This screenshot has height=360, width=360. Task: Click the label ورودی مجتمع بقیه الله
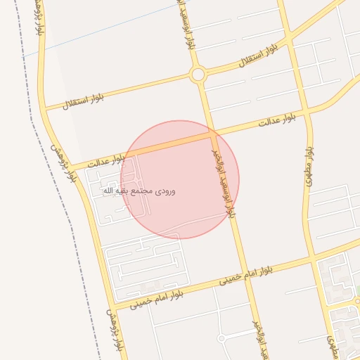tap(139, 191)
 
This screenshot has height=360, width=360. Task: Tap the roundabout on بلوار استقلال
tap(198, 74)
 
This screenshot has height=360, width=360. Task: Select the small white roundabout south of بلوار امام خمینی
tap(221, 338)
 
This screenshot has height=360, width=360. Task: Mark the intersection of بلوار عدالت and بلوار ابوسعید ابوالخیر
tap(212, 134)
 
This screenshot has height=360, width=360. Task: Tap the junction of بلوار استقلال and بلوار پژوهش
tap(44, 109)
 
